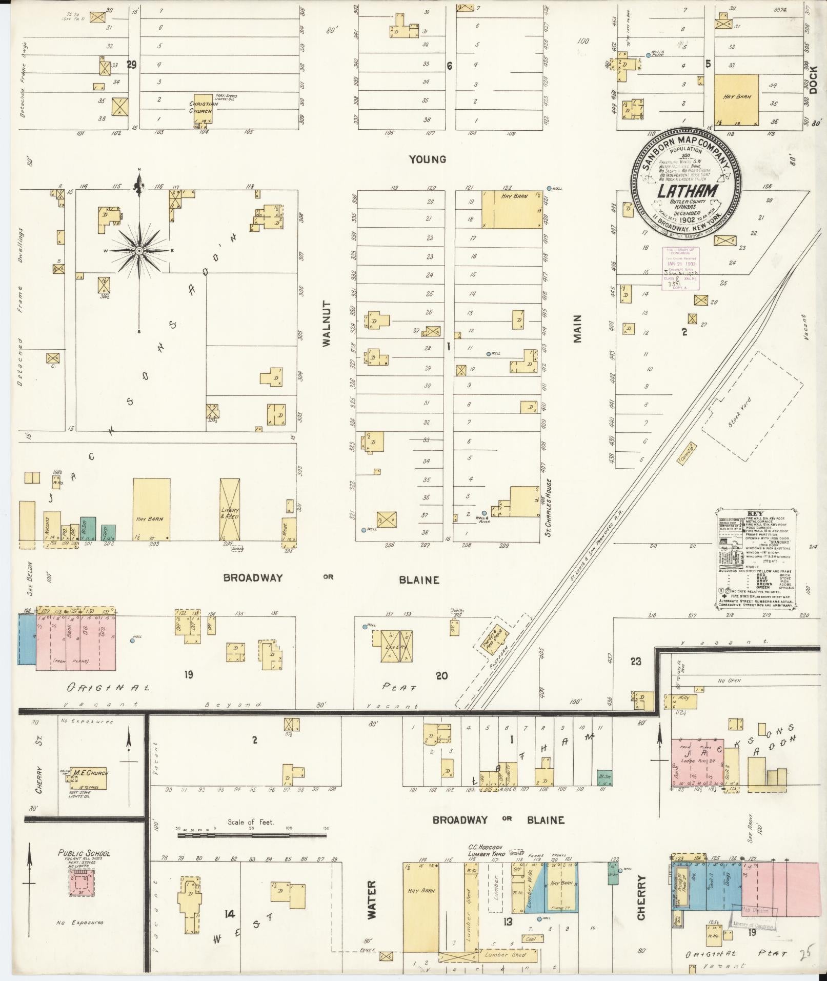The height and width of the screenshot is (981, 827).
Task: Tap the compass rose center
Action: pyautogui.click(x=139, y=251)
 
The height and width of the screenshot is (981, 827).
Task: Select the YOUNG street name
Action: pyautogui.click(x=427, y=159)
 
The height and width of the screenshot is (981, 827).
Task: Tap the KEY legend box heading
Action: pyautogui.click(x=755, y=513)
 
